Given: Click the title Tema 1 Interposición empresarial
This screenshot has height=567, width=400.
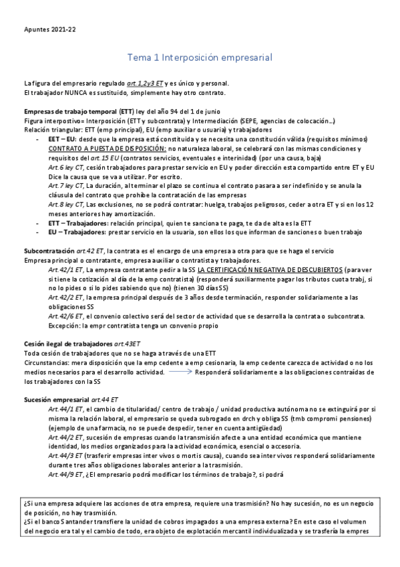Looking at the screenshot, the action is (200, 58).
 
